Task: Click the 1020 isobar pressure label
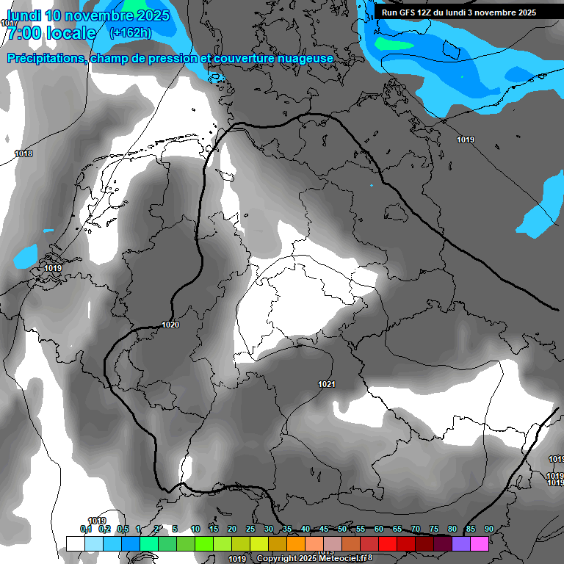(170, 325)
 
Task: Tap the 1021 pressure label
(327, 385)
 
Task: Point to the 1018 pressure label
(23, 153)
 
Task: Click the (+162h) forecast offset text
(130, 32)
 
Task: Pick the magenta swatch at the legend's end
(480, 543)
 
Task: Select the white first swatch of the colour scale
(75, 543)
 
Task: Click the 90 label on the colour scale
(488, 529)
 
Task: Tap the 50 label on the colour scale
(342, 529)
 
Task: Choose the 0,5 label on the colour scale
(122, 529)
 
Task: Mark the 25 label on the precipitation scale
(250, 529)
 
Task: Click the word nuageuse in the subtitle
(300, 59)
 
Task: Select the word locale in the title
(70, 33)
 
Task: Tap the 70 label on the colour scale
(416, 529)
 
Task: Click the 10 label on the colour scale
(195, 529)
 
